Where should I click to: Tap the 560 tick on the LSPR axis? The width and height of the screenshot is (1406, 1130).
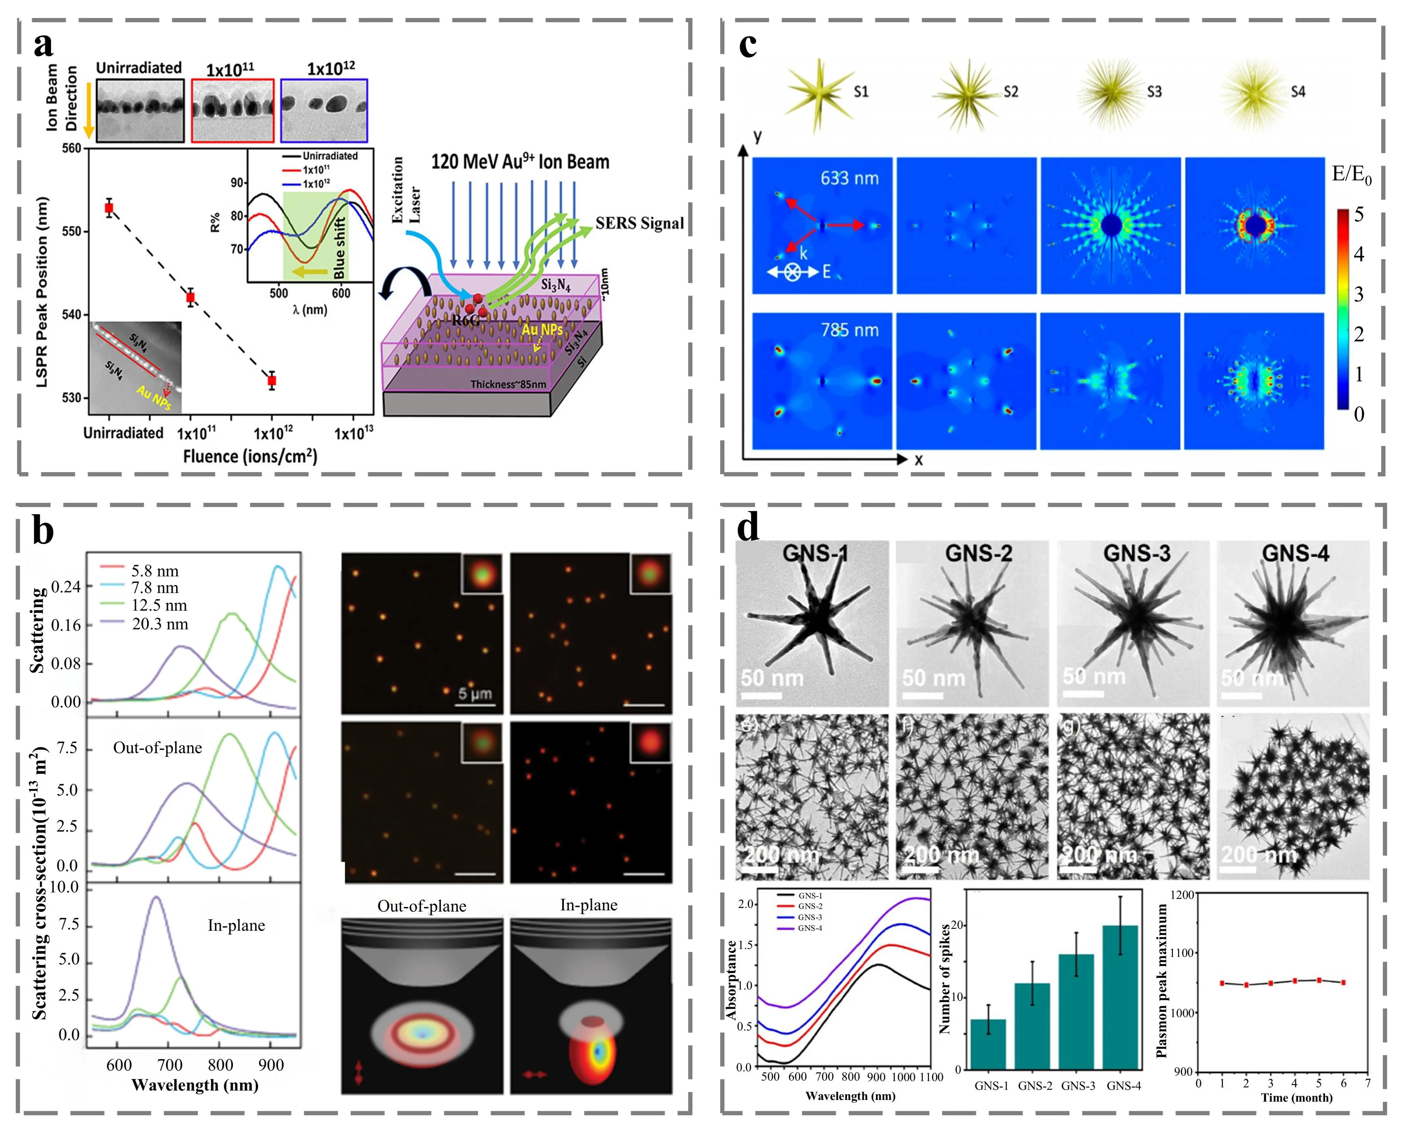click(x=72, y=148)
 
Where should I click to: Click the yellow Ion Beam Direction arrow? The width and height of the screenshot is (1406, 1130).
click(x=89, y=104)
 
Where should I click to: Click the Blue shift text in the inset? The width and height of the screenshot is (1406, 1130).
click(x=339, y=248)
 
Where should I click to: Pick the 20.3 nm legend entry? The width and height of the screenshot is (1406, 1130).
click(x=160, y=624)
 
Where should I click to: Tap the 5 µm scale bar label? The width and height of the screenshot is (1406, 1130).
click(x=475, y=693)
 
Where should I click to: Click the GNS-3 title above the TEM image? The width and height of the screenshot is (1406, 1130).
click(x=1137, y=554)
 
